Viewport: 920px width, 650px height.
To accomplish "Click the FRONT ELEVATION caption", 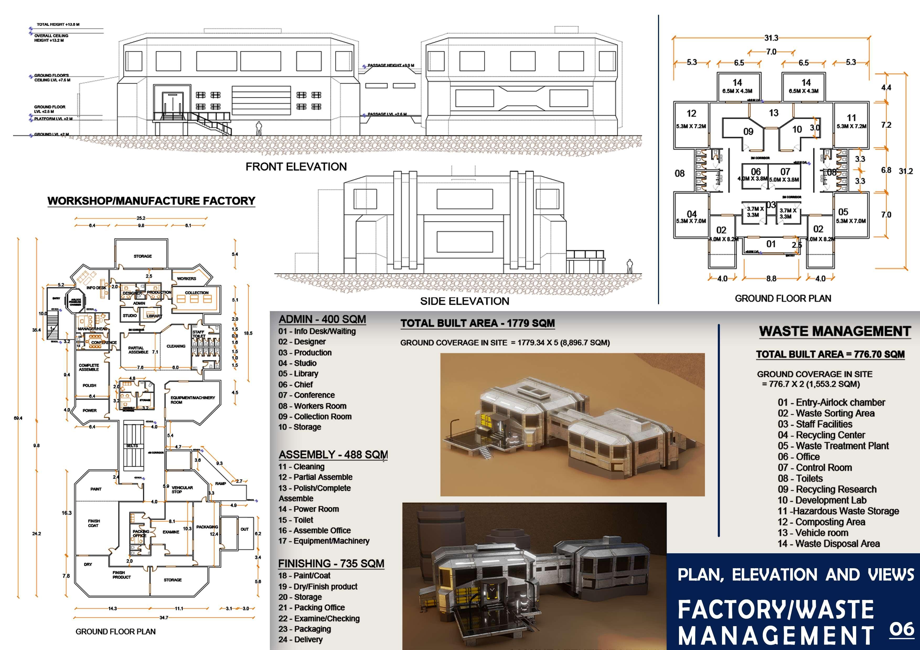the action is click(x=296, y=167).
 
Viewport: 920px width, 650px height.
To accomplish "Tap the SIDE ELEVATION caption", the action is click(x=464, y=301).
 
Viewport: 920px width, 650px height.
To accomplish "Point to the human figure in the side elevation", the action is click(x=629, y=266).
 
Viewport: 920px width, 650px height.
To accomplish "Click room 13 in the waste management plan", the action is click(x=773, y=113).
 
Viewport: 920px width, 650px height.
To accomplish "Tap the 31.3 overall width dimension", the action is click(x=771, y=38).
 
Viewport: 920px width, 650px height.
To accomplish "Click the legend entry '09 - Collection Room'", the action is click(x=315, y=416).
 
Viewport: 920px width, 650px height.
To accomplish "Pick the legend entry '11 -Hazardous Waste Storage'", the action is click(x=838, y=511).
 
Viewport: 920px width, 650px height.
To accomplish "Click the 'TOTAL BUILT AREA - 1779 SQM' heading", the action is click(x=478, y=323).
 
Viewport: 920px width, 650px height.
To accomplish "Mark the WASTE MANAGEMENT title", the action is click(x=835, y=331).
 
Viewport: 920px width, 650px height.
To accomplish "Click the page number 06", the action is click(x=902, y=630).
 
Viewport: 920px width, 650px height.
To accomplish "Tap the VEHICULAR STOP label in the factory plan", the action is click(x=182, y=489).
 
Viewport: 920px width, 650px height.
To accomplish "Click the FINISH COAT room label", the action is click(x=94, y=523).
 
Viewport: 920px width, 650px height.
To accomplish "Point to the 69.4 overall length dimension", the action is click(x=18, y=418).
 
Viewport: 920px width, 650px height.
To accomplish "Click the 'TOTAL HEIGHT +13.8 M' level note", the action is click(x=58, y=24).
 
